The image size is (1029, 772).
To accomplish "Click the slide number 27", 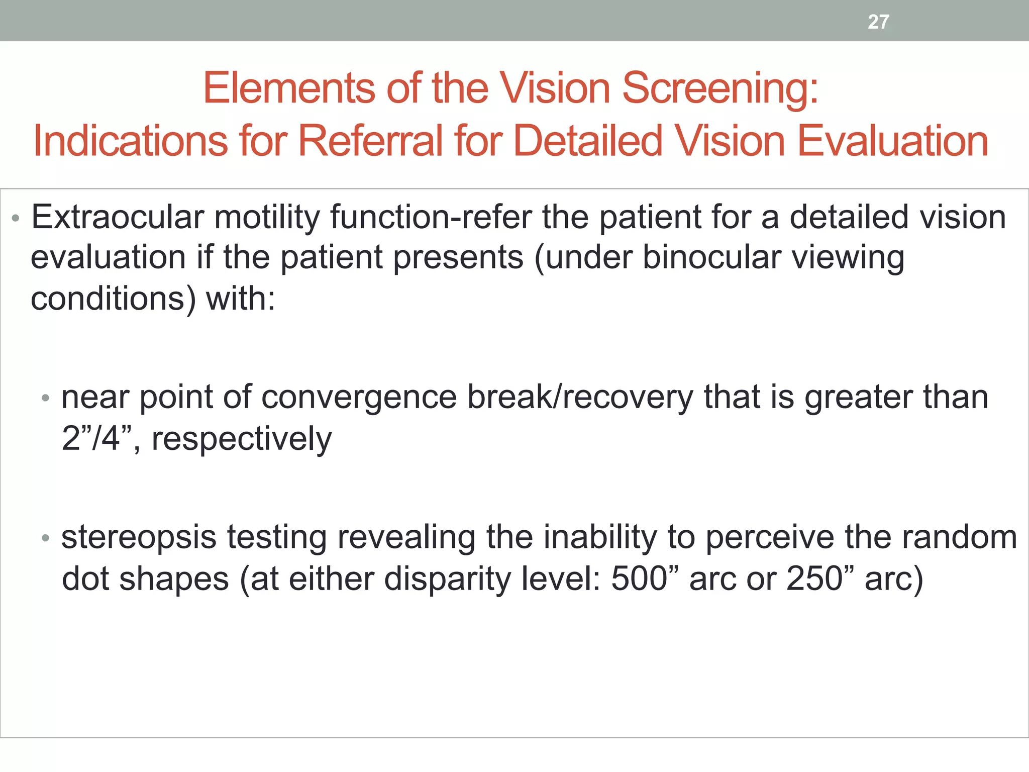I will tap(878, 22).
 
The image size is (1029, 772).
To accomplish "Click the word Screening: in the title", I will tap(720, 88).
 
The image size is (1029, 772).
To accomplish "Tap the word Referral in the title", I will tap(370, 141).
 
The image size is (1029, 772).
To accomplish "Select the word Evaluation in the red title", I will tap(893, 141).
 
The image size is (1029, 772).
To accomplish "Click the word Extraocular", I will tap(118, 218).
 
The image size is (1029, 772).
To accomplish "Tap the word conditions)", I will tap(114, 299).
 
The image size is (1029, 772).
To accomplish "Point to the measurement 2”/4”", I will tap(97, 438).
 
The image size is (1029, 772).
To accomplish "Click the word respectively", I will tap(242, 439).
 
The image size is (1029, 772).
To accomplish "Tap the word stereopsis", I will tap(139, 538).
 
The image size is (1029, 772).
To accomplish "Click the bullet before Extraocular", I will tap(16, 219).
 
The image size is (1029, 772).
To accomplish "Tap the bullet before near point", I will tap(46, 399).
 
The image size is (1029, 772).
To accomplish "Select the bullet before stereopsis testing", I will tap(46, 538).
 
